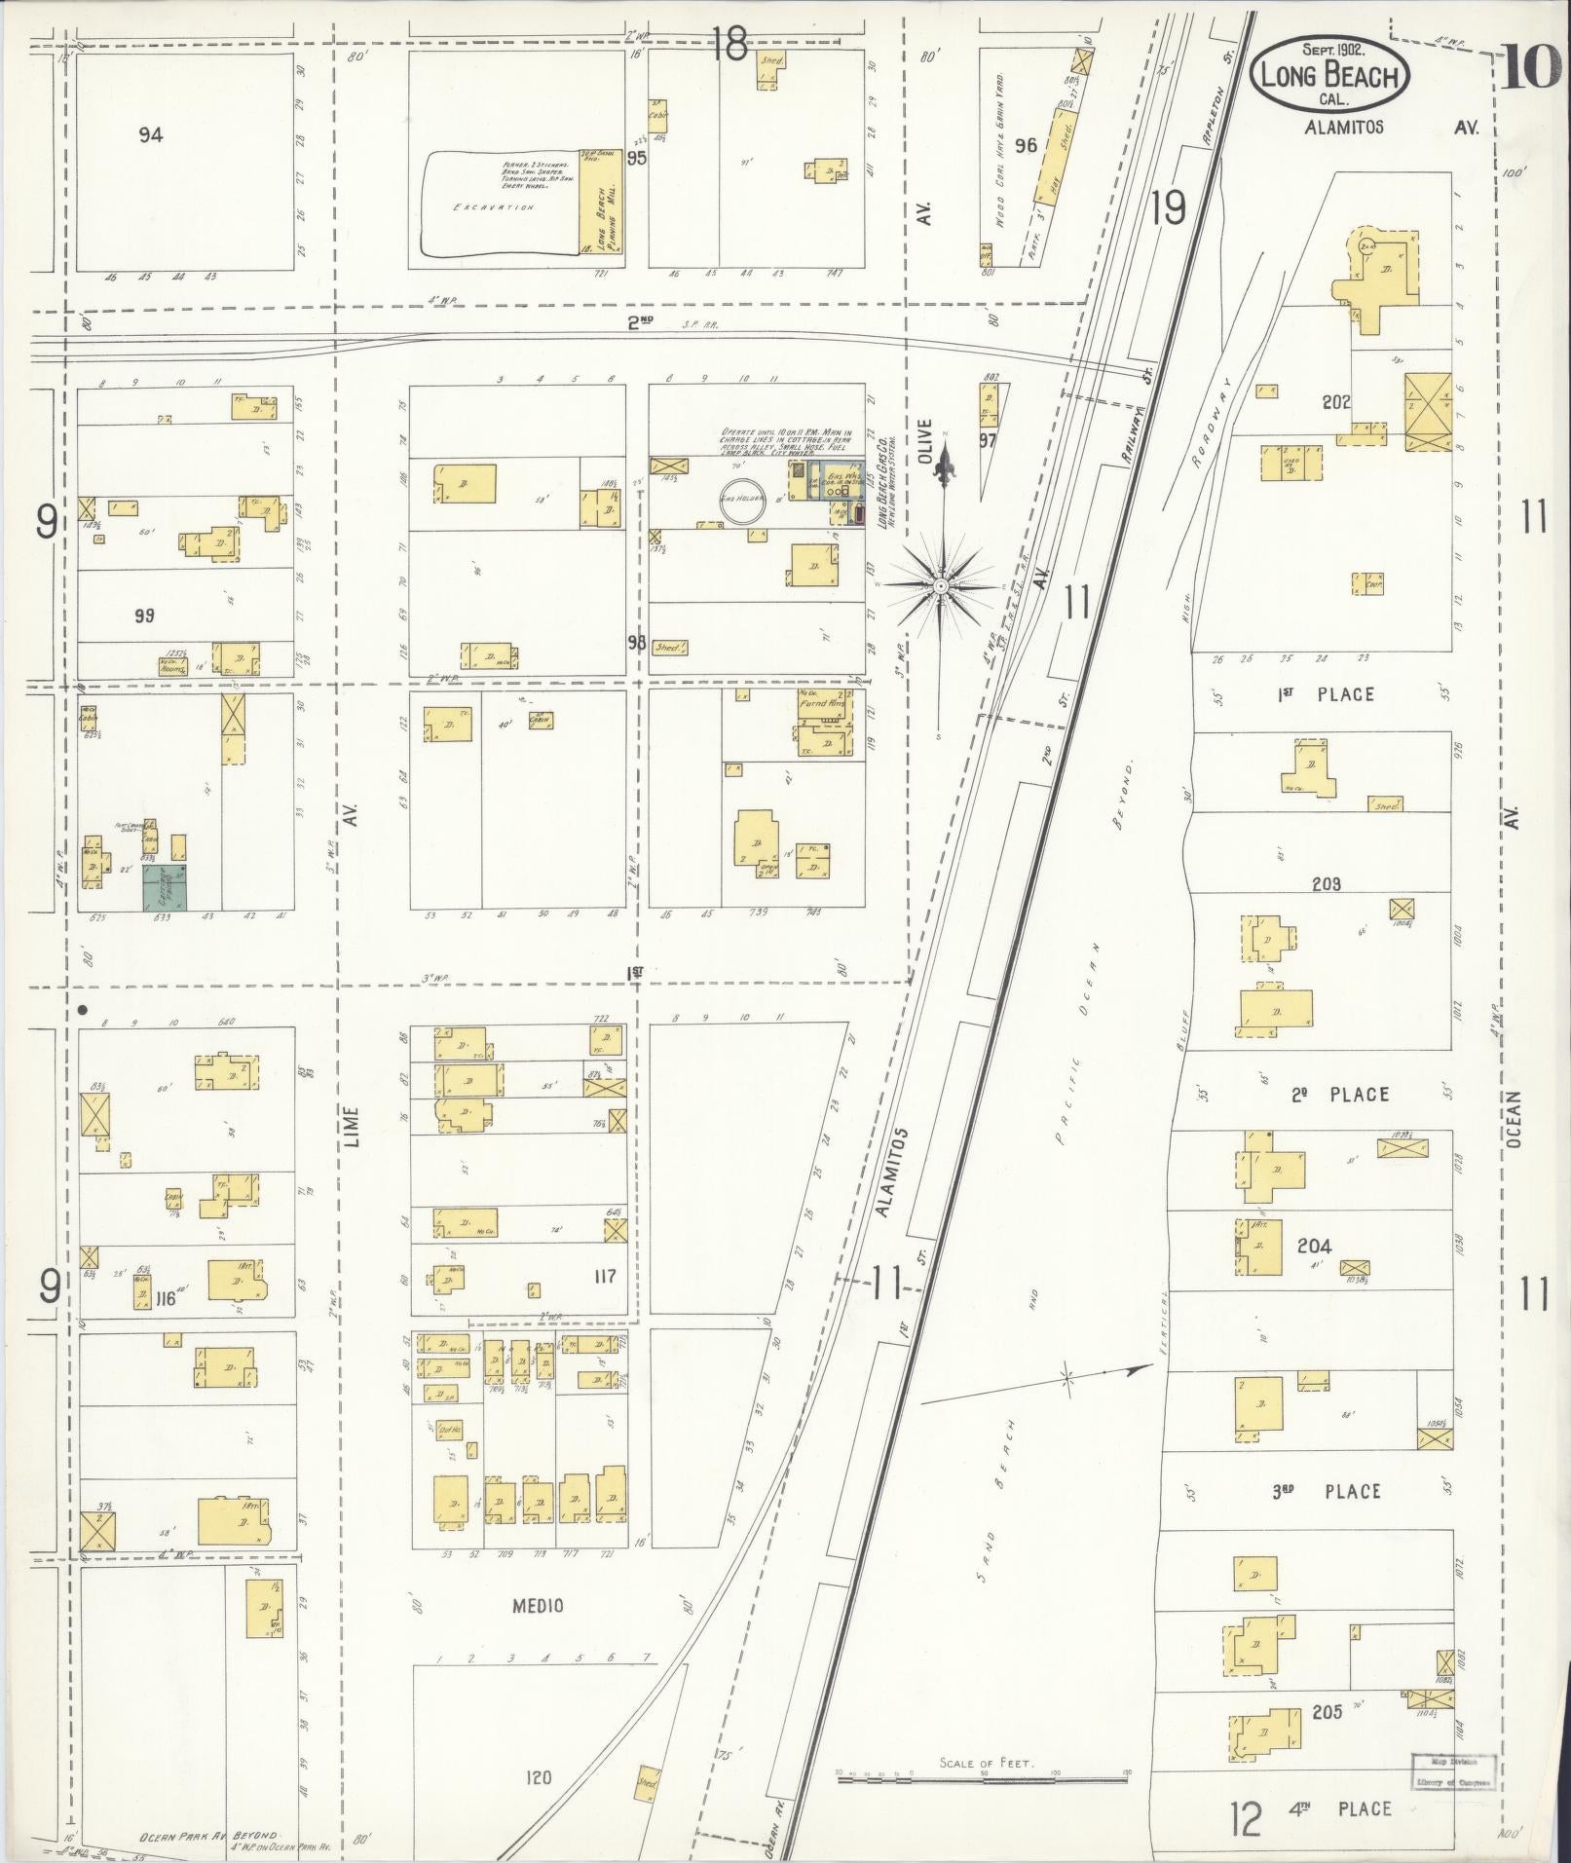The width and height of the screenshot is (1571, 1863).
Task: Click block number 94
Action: coord(150,134)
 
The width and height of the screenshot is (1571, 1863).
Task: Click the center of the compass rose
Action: coord(941,586)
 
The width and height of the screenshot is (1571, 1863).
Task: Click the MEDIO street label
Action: coord(539,1606)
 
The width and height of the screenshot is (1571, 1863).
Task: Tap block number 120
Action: coord(538,1777)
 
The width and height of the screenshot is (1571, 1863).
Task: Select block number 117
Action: coord(604,1275)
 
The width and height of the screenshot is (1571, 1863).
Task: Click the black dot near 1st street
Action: coord(84,1010)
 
